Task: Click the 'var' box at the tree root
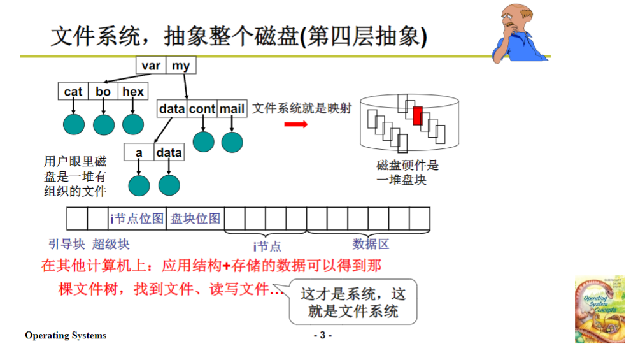pyautogui.click(x=151, y=66)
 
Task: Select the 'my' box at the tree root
pyautogui.click(x=181, y=66)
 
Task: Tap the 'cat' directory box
pyautogui.click(x=73, y=92)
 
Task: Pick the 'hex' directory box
pyautogui.click(x=133, y=92)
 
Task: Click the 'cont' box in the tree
pyautogui.click(x=202, y=109)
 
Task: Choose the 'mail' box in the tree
pyautogui.click(x=232, y=109)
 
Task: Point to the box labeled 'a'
pyautogui.click(x=139, y=153)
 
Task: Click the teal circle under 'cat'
pyautogui.click(x=74, y=124)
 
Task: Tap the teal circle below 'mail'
pyautogui.click(x=232, y=141)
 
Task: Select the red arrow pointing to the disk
pyautogui.click(x=295, y=124)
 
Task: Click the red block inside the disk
pyautogui.click(x=418, y=116)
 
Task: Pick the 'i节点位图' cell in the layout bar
pyautogui.click(x=138, y=219)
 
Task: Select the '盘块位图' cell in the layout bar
pyautogui.click(x=195, y=219)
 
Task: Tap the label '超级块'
pyautogui.click(x=111, y=244)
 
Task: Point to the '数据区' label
pyautogui.click(x=371, y=244)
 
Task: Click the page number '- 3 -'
pyautogui.click(x=322, y=335)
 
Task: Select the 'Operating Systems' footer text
pyautogui.click(x=66, y=335)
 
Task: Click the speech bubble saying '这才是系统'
pyautogui.click(x=353, y=302)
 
